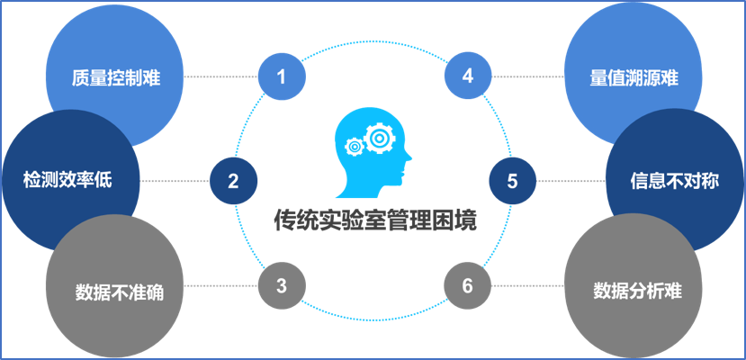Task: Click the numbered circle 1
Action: click(x=282, y=76)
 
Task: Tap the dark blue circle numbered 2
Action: click(x=233, y=181)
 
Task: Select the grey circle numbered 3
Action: click(x=282, y=286)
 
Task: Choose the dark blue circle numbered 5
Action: click(x=513, y=181)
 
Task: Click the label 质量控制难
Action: click(x=116, y=77)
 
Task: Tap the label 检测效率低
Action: click(x=68, y=181)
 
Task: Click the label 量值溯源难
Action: click(x=634, y=78)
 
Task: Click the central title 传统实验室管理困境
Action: click(x=374, y=220)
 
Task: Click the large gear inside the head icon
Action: click(x=381, y=139)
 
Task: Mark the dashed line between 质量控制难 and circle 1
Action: click(x=220, y=76)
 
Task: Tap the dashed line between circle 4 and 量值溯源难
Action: click(x=526, y=76)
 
